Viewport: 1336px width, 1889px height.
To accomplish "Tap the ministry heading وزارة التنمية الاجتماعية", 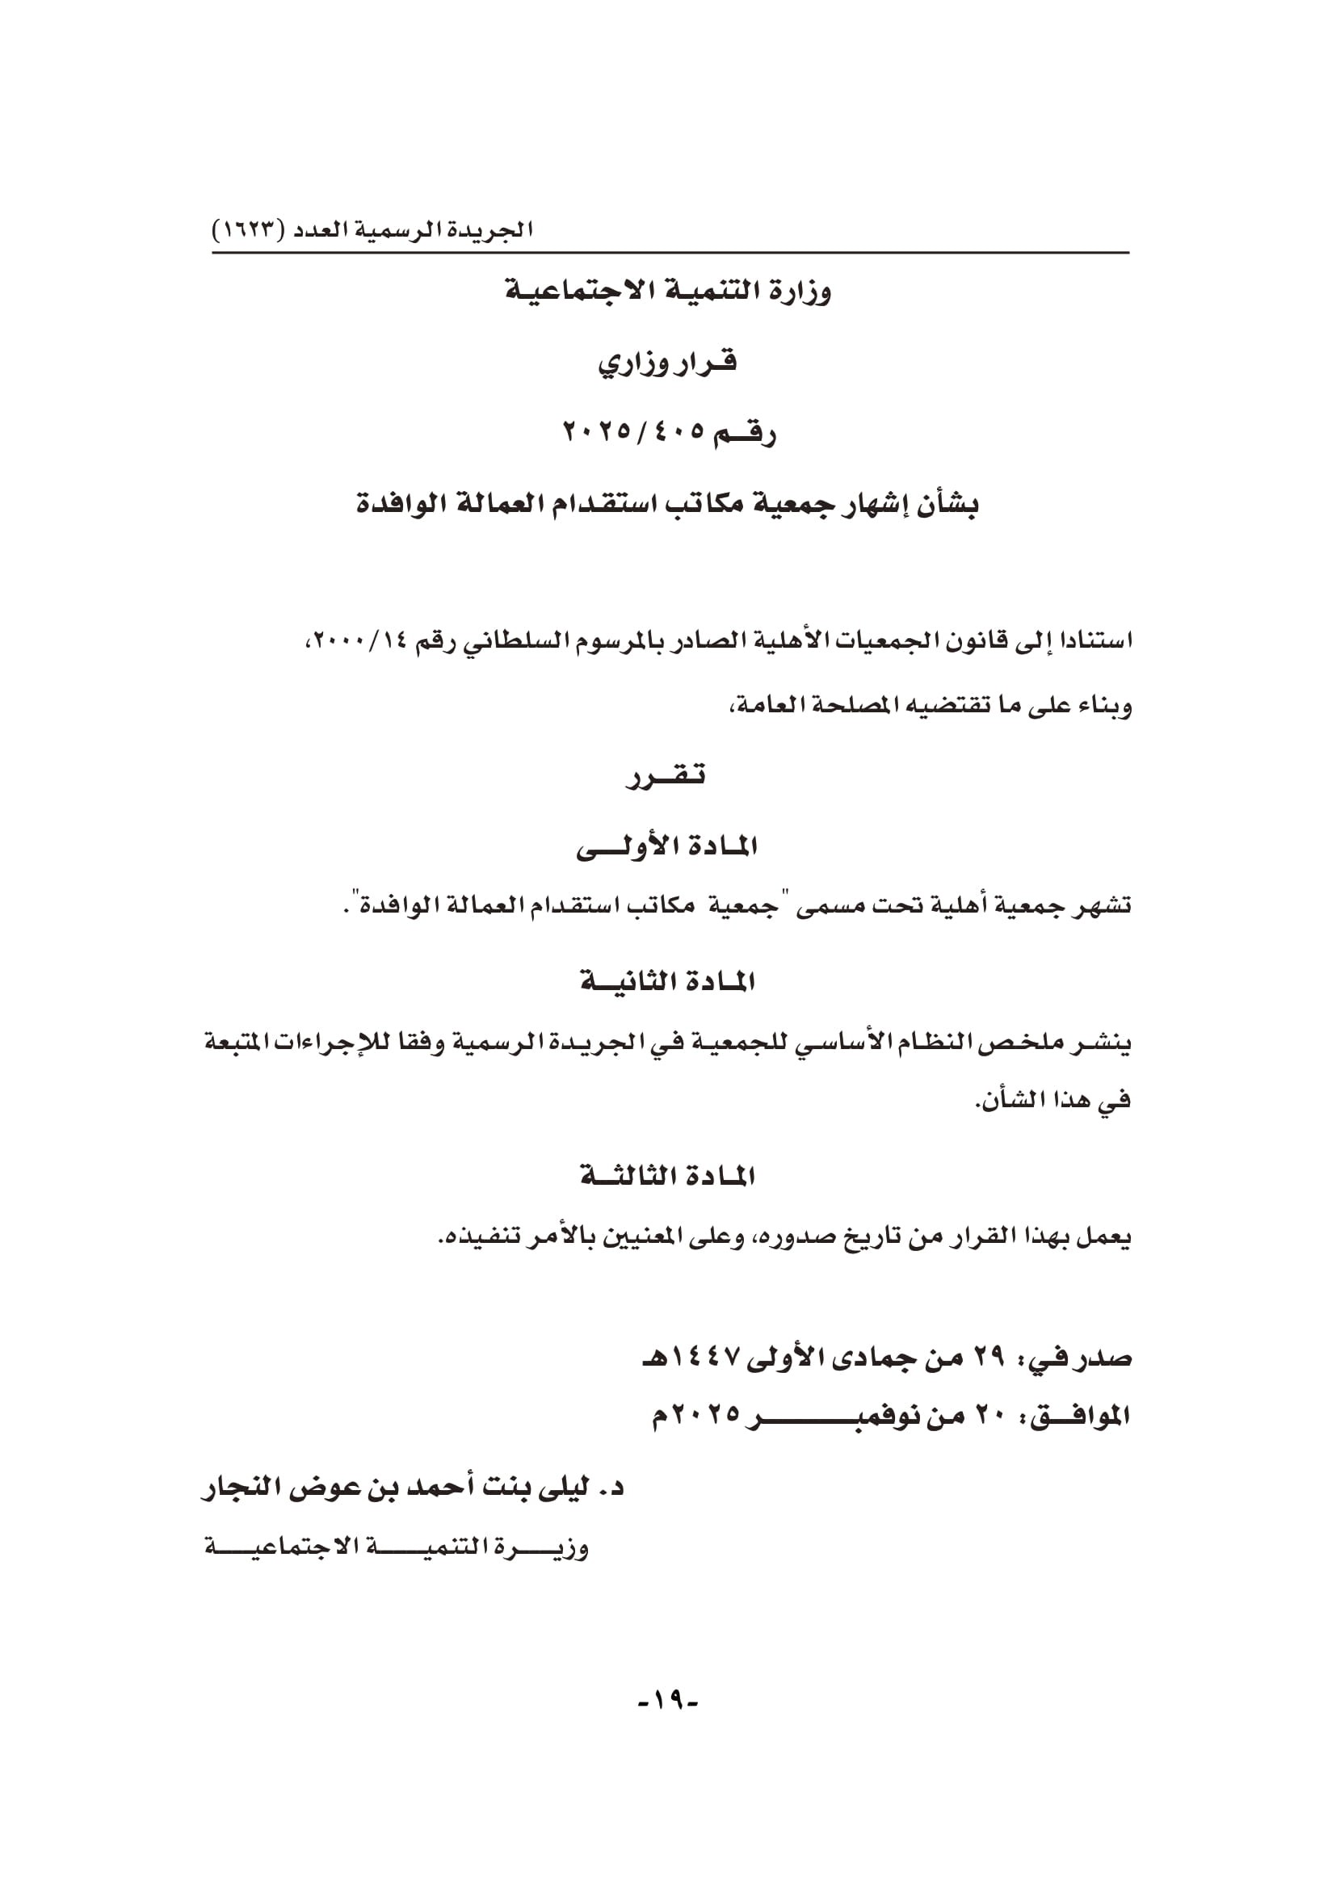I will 667,292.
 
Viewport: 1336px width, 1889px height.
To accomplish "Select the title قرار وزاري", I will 667,363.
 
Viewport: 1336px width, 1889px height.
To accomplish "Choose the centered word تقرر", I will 666,776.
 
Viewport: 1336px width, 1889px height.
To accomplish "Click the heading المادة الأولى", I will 666,846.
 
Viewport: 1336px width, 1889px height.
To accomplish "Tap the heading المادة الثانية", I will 667,982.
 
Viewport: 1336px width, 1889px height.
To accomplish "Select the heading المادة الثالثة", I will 667,1177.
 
